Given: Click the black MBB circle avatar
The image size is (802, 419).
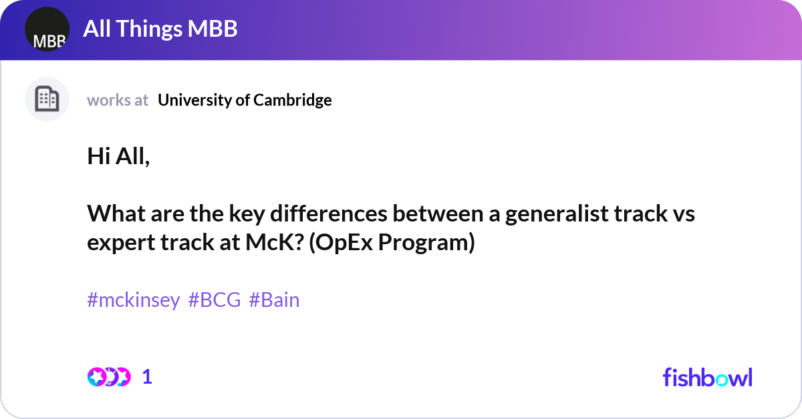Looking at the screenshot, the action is [47, 29].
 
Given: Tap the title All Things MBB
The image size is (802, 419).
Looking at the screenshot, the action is [160, 29].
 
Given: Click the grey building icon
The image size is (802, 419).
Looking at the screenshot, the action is [47, 99].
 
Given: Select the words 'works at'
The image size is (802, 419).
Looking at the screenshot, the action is [118, 100].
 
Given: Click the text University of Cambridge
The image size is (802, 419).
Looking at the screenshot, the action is [245, 100].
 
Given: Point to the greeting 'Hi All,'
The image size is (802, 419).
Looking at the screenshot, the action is [118, 157].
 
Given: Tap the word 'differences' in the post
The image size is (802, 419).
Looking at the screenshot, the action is [329, 214].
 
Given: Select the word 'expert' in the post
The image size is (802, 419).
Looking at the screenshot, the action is [122, 243].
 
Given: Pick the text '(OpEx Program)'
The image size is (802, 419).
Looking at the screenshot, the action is [392, 243].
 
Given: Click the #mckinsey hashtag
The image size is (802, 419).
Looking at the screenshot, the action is [134, 300].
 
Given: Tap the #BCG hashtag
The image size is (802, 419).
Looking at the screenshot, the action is [215, 300].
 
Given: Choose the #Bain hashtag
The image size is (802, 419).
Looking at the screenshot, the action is [274, 300].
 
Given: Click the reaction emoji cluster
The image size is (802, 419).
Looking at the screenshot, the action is [109, 377].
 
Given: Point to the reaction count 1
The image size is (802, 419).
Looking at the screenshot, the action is [147, 377].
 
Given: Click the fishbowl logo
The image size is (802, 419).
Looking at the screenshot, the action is [708, 377].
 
